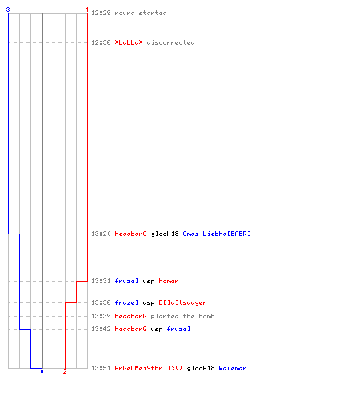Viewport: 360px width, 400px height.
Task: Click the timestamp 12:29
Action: point(101,13)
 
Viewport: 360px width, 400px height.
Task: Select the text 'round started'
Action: point(141,13)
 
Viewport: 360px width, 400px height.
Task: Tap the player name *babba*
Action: point(129,42)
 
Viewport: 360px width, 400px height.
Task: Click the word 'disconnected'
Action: point(170,42)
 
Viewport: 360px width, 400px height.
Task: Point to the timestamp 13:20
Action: point(101,234)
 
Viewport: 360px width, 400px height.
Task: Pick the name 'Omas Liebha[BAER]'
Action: point(217,234)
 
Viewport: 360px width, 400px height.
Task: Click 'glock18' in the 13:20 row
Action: point(165,234)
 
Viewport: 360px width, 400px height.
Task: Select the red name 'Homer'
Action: point(169,281)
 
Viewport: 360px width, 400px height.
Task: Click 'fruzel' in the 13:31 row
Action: point(126,281)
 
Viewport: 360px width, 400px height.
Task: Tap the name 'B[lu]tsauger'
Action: point(182,302)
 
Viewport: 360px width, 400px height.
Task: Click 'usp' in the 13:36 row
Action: point(149,302)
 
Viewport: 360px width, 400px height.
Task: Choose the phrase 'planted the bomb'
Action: point(182,316)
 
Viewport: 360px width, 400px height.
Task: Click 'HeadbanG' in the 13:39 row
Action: point(130,316)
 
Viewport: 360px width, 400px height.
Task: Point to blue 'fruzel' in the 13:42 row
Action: point(178,329)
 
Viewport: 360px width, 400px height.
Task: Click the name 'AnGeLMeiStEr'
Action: point(138,368)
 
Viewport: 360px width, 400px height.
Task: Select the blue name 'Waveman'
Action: point(233,368)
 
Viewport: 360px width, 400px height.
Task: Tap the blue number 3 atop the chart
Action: point(8,10)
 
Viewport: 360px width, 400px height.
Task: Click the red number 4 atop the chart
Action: point(87,10)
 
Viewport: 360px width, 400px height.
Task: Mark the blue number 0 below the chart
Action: point(42,371)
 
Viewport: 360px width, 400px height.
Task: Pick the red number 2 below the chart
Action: point(65,371)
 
